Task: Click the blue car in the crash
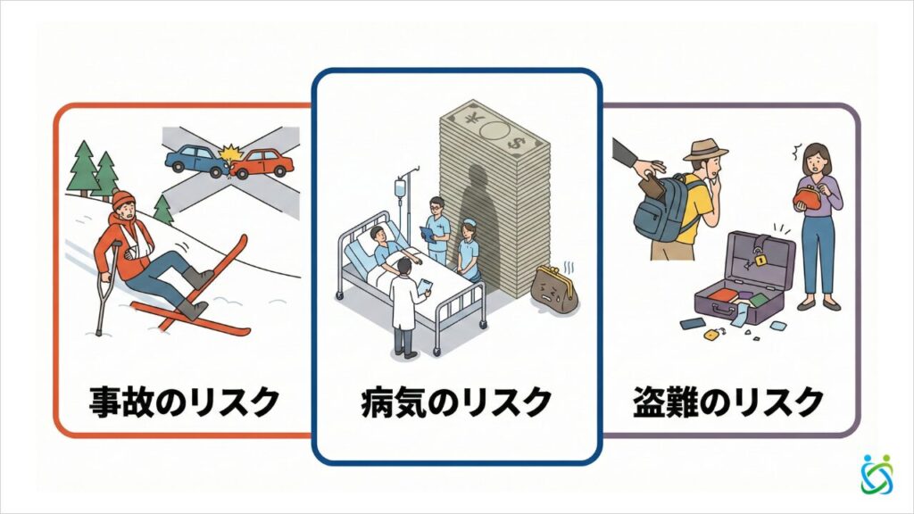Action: click(x=195, y=159)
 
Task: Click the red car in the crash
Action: click(x=265, y=162)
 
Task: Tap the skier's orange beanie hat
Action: click(x=123, y=199)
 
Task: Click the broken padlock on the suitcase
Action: click(x=757, y=261)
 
